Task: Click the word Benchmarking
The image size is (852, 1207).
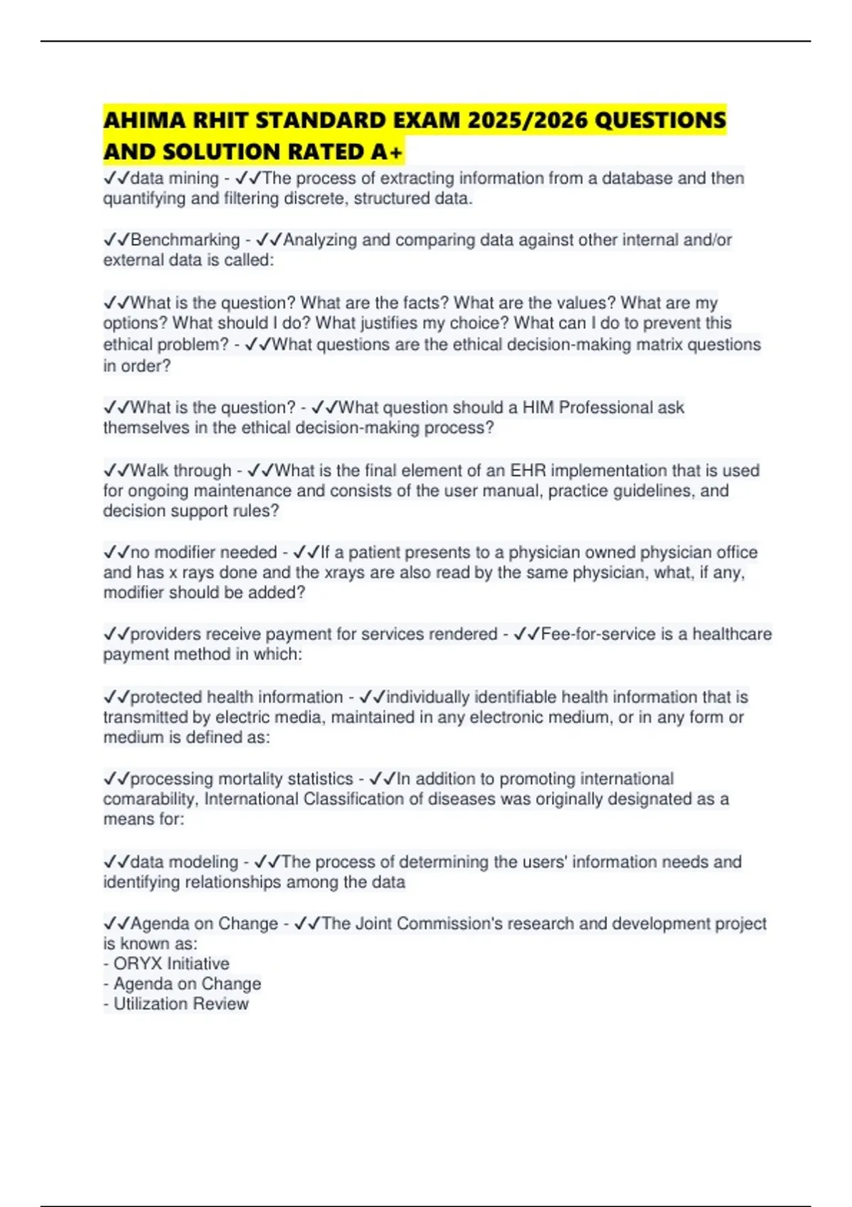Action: pos(185,240)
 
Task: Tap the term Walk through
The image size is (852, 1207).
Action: pos(181,471)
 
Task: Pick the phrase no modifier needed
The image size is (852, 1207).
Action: pos(204,552)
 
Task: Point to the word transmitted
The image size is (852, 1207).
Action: pos(146,718)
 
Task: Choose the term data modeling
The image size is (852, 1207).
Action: pos(185,862)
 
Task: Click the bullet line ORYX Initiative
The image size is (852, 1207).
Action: pos(171,964)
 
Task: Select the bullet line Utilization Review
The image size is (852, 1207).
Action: pos(180,1004)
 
